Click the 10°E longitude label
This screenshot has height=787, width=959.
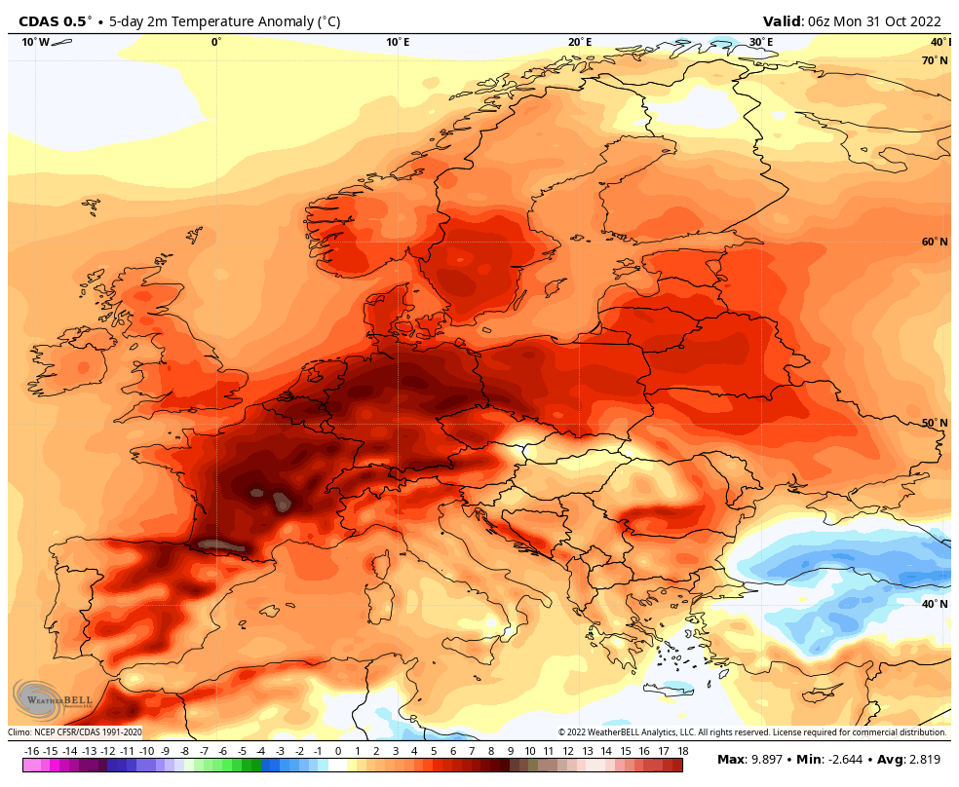coord(397,42)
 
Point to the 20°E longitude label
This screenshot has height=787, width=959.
coord(580,42)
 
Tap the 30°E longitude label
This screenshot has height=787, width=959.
coord(761,42)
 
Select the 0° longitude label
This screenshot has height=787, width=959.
coord(216,42)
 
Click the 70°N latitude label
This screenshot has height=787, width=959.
coord(935,60)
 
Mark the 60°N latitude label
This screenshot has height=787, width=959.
coord(935,242)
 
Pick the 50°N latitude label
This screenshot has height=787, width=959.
coord(935,423)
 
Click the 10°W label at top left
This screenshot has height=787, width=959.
coord(35,42)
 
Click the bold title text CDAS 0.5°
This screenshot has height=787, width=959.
coord(55,21)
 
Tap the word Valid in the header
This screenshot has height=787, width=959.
coord(783,21)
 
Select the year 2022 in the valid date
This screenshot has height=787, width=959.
coord(923,21)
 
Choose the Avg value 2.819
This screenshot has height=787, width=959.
coord(923,760)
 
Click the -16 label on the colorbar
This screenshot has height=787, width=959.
coord(31,751)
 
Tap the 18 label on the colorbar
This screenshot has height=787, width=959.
coord(682,751)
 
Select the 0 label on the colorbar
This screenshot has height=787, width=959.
coord(338,751)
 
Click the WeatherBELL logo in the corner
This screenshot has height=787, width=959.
coord(52,699)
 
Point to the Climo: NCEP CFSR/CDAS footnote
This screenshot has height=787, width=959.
coord(76,732)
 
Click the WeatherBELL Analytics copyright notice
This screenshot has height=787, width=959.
coord(751,732)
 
